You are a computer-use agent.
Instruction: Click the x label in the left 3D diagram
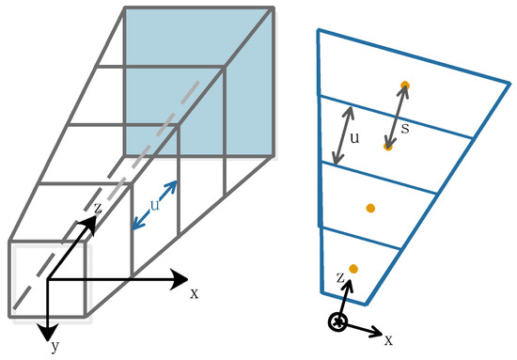tap(195, 293)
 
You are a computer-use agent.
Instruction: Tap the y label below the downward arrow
tap(55, 347)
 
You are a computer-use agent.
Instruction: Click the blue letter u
tap(155, 202)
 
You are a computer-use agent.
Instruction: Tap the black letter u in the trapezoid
tap(355, 137)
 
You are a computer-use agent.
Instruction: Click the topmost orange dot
tap(405, 86)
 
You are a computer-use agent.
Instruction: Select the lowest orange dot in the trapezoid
tap(353, 270)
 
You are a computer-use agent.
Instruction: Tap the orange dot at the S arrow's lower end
tap(387, 146)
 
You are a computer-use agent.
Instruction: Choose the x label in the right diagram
tap(389, 340)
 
